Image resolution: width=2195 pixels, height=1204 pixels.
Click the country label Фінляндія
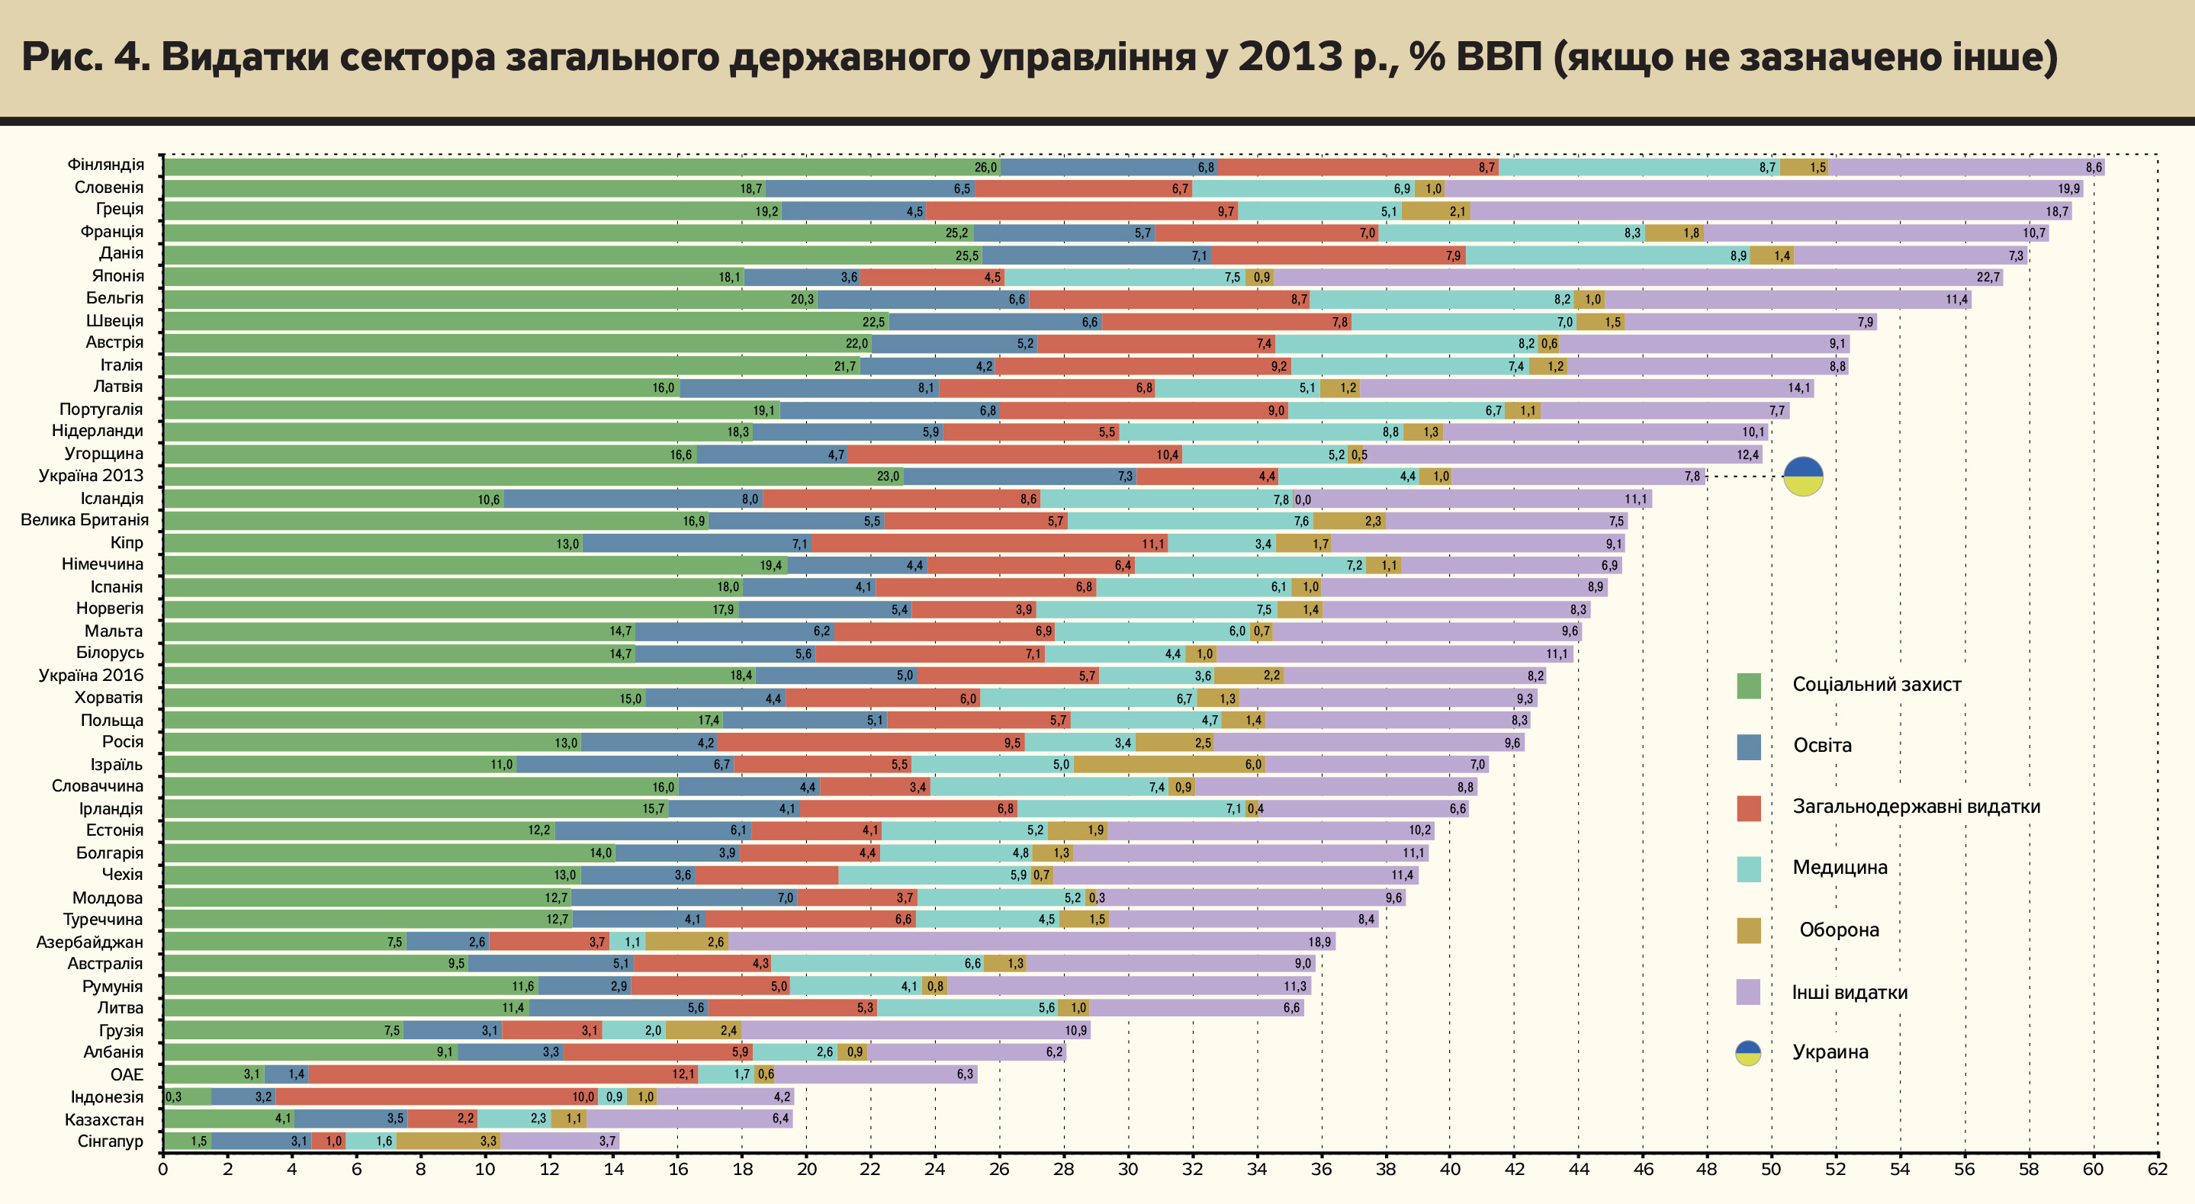(106, 165)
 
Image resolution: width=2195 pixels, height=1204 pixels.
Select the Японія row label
(117, 275)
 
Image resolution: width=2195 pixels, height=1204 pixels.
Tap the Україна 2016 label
(92, 675)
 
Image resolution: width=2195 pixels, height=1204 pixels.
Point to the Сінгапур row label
(110, 1141)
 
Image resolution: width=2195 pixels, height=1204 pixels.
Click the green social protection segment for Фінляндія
(580, 167)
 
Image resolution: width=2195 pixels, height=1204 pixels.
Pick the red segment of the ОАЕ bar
(503, 1074)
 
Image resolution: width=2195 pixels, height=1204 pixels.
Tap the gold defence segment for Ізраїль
(1169, 764)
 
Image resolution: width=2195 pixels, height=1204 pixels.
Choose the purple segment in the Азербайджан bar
(1031, 942)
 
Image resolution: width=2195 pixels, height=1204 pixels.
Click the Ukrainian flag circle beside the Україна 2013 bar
(1803, 477)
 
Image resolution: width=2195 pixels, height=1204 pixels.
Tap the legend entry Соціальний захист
(1876, 684)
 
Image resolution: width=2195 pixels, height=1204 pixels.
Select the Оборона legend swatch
(1749, 930)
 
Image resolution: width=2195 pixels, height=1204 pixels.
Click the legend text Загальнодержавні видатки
(1916, 806)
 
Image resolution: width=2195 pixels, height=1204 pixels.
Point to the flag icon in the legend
(1749, 1053)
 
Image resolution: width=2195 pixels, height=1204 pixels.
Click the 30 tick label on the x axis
(1127, 1169)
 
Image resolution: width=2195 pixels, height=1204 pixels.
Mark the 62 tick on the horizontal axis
(2157, 1169)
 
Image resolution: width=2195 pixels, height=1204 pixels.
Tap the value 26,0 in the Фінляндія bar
(985, 168)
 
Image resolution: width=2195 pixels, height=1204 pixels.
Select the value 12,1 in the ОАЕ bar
(683, 1074)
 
